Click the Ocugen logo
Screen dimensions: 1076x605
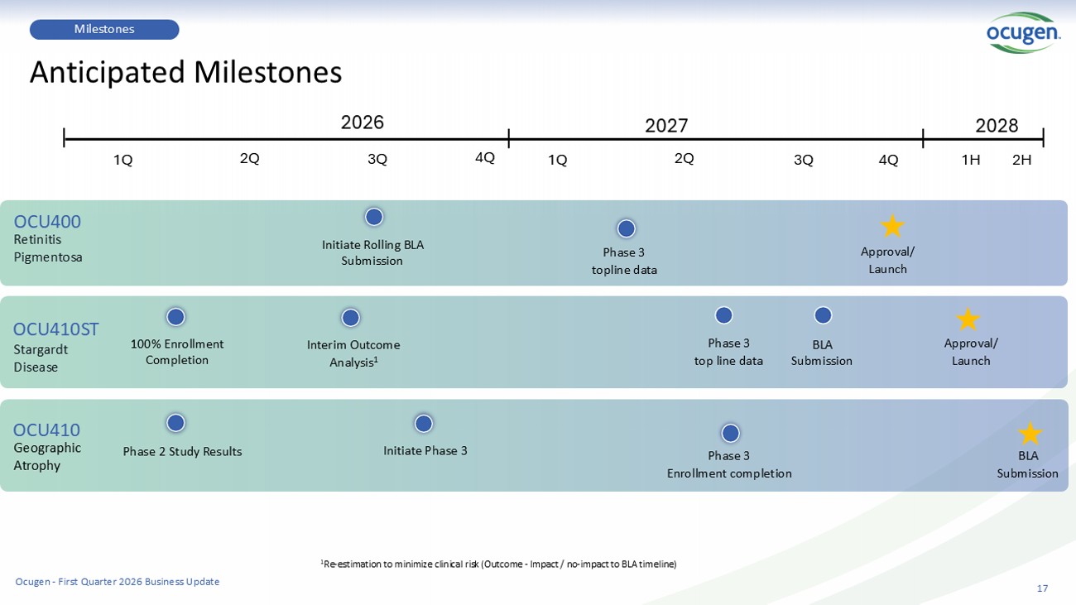pos(1023,32)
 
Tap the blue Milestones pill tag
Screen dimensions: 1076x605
pos(104,29)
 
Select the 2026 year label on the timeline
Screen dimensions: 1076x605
pos(363,122)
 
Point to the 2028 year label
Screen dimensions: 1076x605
pos(997,126)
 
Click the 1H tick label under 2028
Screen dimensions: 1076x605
pos(971,160)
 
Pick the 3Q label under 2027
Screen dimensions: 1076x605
pos(804,160)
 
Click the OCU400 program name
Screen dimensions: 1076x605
pos(47,221)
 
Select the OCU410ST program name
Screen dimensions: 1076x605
pos(55,329)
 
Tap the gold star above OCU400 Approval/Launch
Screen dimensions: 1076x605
pos(892,226)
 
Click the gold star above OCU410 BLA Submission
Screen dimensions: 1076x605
pos(1030,434)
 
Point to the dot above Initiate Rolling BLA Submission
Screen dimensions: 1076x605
pos(374,217)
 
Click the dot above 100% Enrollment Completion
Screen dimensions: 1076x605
pos(175,317)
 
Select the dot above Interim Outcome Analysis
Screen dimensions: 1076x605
pos(350,318)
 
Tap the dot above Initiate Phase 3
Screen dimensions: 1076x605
pos(423,424)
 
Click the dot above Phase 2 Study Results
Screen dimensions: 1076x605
pos(175,423)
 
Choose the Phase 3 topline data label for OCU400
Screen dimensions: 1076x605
pos(624,262)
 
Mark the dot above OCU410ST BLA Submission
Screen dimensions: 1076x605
pos(823,315)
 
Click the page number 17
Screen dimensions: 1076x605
pos(1042,588)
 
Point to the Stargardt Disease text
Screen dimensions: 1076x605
pos(41,358)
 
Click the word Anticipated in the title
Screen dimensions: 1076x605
pos(108,73)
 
